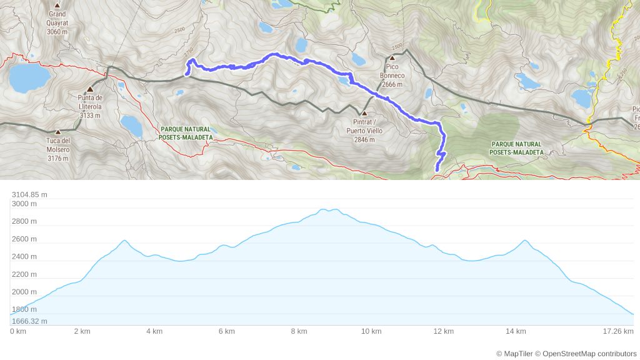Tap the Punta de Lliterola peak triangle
click(x=90, y=89)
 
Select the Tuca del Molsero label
click(x=57, y=149)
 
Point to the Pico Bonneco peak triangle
click(x=392, y=57)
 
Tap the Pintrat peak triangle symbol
click(x=364, y=114)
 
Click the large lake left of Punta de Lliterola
click(x=29, y=77)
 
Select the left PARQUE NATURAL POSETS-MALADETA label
click(x=186, y=133)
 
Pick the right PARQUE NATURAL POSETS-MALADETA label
click(x=516, y=148)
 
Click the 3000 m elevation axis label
click(x=24, y=204)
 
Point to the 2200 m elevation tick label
click(x=24, y=274)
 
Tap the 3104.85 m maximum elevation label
click(x=29, y=194)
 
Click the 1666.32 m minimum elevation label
click(x=29, y=321)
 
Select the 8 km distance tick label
click(x=299, y=331)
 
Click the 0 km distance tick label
click(x=17, y=331)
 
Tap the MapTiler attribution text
click(x=515, y=354)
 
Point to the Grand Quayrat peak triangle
click(x=57, y=5)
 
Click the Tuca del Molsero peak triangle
click(x=57, y=132)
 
